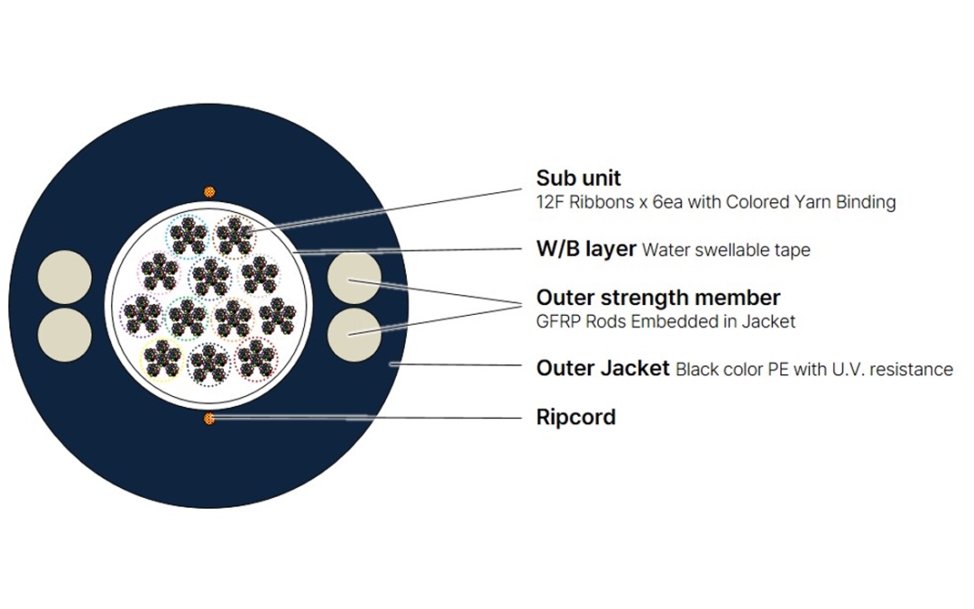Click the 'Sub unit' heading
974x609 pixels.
tap(578, 179)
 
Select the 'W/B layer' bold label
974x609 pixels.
tap(586, 249)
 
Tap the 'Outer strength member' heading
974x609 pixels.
tap(657, 298)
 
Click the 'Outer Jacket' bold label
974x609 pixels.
tap(602, 368)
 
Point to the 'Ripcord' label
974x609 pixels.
tap(575, 417)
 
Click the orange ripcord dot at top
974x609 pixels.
tap(209, 192)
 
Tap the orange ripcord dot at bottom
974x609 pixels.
tap(209, 419)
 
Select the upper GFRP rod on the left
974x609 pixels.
tap(65, 277)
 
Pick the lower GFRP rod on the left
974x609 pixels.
tap(65, 335)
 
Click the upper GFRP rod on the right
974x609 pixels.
tap(354, 277)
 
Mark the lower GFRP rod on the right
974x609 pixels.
tap(354, 335)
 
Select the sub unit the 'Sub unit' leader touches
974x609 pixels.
tap(234, 236)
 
